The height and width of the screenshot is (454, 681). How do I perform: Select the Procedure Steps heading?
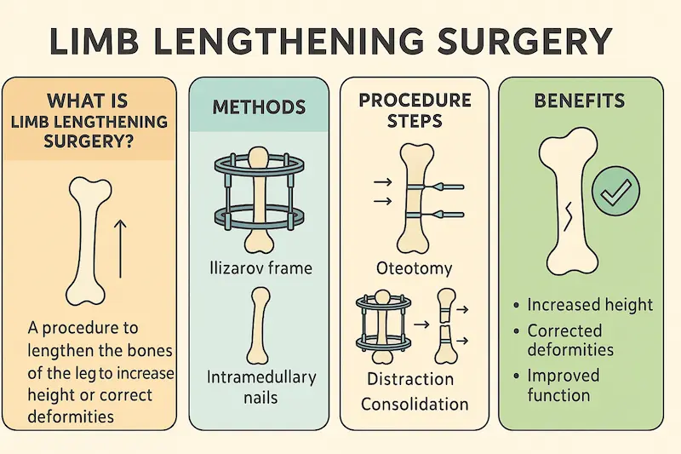pos(414,111)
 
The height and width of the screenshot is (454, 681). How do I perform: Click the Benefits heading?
pos(580,101)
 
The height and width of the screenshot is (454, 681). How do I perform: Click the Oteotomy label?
pos(415,269)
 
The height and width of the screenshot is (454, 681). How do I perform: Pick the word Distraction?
pos(410,379)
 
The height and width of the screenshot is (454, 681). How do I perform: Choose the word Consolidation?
pos(415,404)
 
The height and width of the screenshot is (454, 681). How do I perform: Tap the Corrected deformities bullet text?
pos(570,340)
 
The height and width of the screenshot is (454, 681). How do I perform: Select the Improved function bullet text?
pos(564,385)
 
